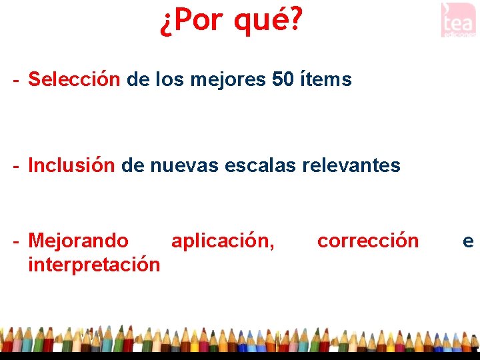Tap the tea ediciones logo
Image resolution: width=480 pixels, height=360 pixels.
point(458,19)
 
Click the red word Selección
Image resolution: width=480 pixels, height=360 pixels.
point(74,80)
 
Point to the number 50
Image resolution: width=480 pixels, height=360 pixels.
point(282,80)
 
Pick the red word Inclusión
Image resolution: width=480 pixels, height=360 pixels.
point(71,165)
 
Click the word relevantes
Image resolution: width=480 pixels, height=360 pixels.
point(351,165)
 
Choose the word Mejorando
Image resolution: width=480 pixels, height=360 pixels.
point(79,241)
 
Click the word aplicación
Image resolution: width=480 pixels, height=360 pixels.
point(223,241)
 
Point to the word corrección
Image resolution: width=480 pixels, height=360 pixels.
point(368,241)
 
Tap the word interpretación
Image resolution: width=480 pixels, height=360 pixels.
point(94,265)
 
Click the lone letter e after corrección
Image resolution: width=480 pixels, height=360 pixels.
point(468,241)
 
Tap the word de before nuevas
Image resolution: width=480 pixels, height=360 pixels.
point(133,165)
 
